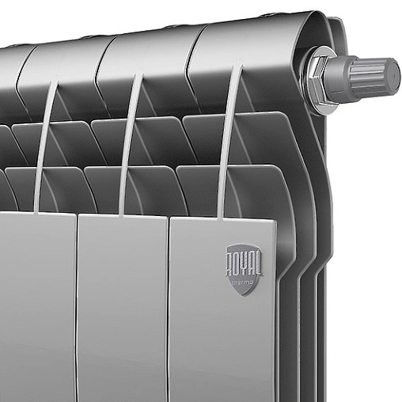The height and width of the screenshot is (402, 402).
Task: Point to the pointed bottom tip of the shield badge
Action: (241, 294)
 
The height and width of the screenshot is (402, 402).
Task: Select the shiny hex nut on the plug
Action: (324, 78)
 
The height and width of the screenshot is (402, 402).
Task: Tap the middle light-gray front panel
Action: (123, 309)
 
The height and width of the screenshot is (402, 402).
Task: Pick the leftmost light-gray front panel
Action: (36, 309)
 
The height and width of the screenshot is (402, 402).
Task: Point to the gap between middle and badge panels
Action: (169, 309)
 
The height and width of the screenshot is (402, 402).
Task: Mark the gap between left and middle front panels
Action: (77, 309)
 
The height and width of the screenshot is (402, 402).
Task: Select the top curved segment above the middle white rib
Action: (146, 55)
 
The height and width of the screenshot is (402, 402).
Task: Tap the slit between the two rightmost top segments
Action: (190, 59)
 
